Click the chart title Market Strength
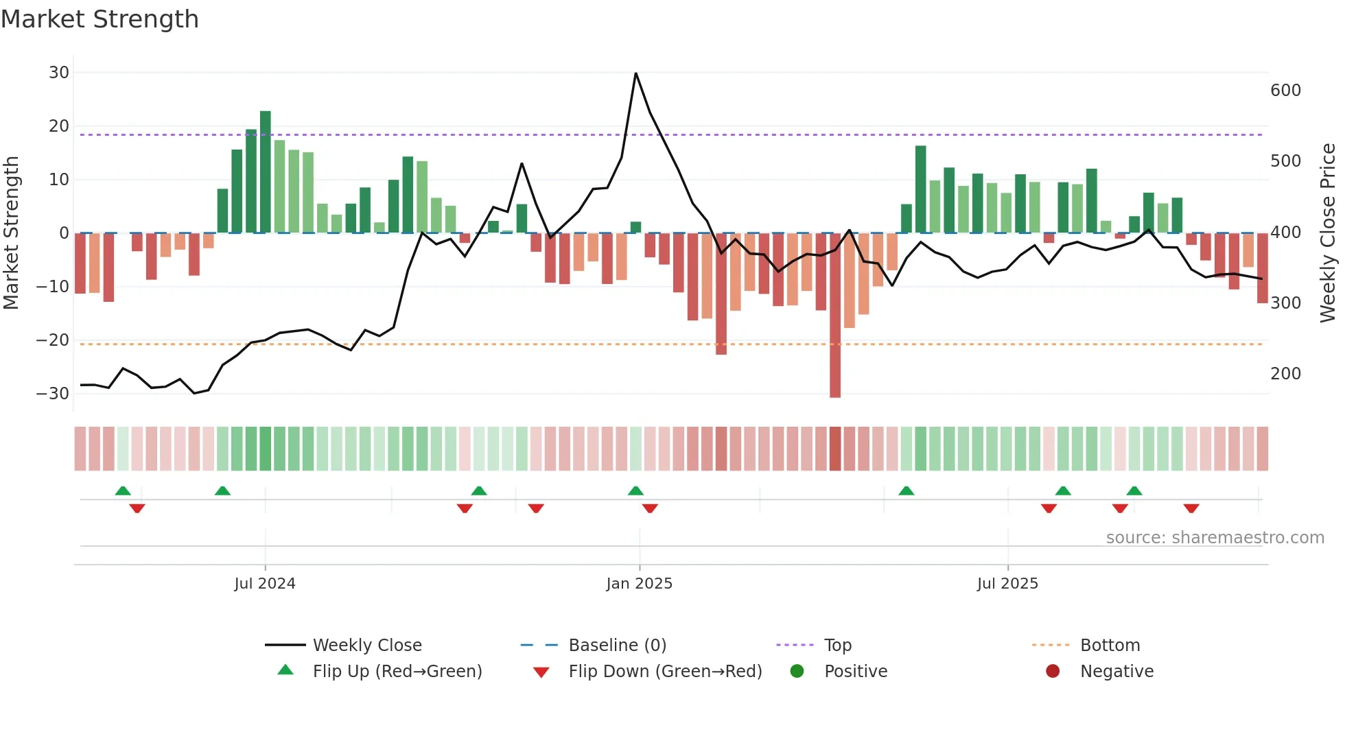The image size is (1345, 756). pos(100,19)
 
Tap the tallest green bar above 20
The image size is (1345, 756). pos(266,172)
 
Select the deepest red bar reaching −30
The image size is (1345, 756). pos(835,316)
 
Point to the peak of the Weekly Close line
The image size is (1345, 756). pos(636,73)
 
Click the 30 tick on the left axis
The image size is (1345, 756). pos(59,73)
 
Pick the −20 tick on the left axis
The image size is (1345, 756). pos(53,340)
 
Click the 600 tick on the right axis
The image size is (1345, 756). pos(1285,91)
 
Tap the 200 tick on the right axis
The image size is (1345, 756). pos(1285,374)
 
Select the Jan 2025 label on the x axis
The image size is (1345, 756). pos(639,584)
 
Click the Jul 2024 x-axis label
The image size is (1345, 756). pos(265,584)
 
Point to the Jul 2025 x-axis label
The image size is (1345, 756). pos(1007,584)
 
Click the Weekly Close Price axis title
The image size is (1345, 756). pos(1329,233)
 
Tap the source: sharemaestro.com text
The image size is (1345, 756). pos(1215,538)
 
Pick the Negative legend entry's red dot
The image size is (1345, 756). pos(1053,672)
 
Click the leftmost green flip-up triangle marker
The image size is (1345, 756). pos(123,491)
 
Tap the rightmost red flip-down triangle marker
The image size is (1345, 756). pos(1191,508)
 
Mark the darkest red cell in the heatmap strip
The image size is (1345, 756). pos(835,449)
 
